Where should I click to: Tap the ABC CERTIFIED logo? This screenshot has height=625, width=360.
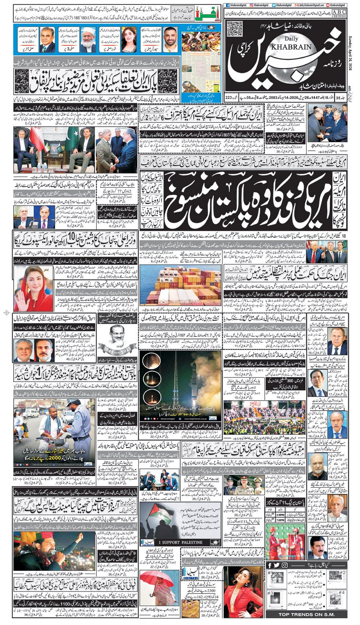[339, 14]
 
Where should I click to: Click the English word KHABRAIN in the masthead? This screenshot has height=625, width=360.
[291, 47]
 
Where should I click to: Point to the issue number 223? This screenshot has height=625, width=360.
[229, 97]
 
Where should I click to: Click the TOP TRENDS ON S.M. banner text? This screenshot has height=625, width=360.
[306, 614]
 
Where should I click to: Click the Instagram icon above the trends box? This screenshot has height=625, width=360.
[285, 565]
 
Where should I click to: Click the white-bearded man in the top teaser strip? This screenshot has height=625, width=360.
[88, 39]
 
